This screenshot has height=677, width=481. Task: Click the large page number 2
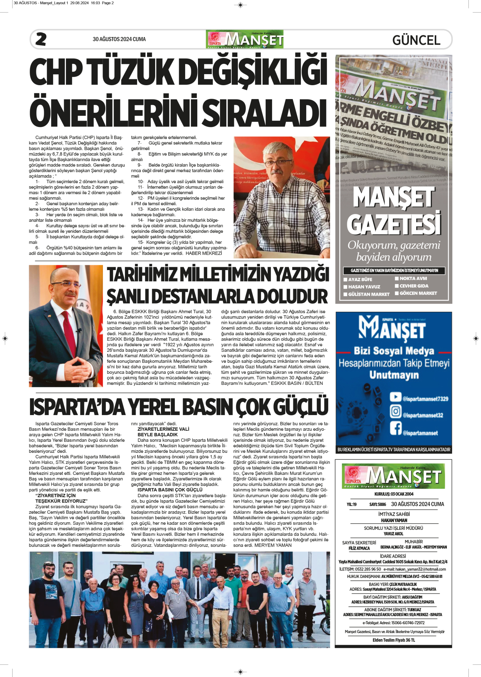coord(41,39)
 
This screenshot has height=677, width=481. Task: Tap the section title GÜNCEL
coord(416,40)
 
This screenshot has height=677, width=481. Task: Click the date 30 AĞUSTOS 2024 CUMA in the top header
coord(119,39)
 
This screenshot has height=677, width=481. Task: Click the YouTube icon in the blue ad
coord(395,397)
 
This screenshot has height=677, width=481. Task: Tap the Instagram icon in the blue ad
coord(395,412)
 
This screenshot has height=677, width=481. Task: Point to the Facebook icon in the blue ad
coord(395,428)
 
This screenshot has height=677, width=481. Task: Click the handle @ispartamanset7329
coord(425,399)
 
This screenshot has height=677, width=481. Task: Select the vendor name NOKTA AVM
coord(413,279)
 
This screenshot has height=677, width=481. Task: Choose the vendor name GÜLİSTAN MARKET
coord(368,294)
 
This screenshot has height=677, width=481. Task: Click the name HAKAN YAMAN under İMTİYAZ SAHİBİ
coord(394,520)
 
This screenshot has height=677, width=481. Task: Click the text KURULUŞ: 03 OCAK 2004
coord(394,494)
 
